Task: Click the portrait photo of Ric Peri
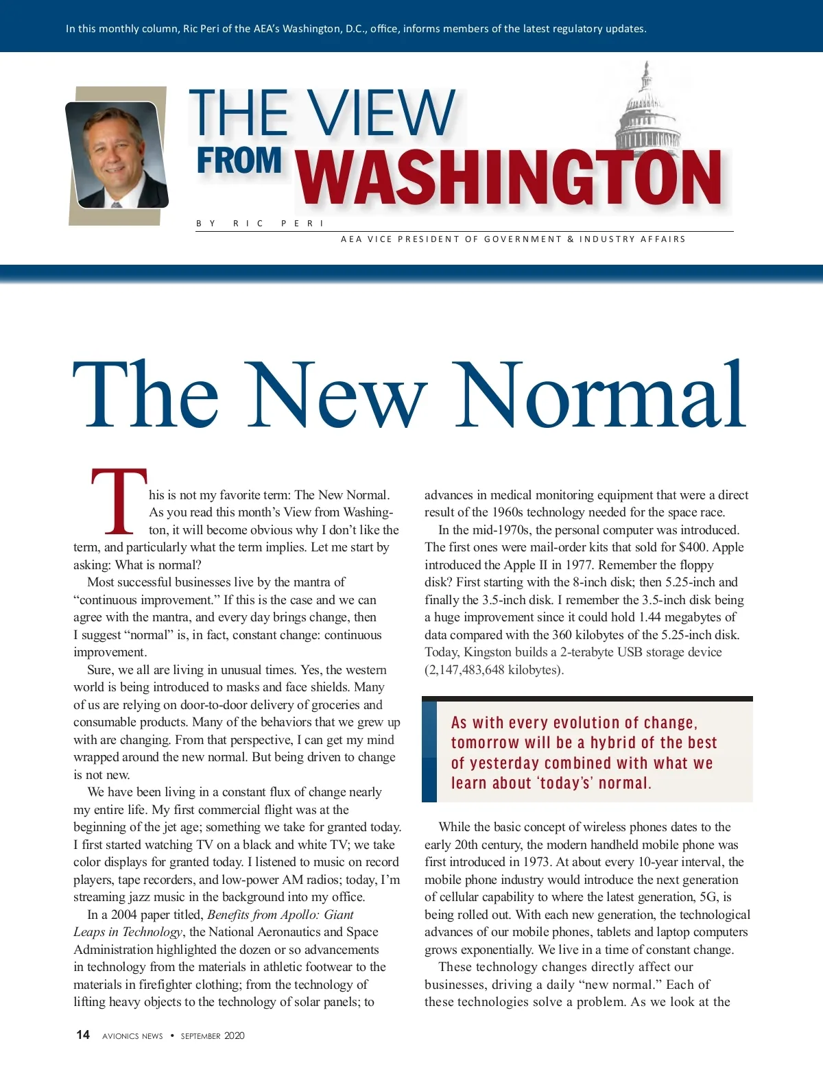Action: [x=117, y=155]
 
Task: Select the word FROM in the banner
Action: [x=239, y=161]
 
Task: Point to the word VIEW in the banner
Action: [x=381, y=113]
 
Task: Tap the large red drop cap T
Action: [x=119, y=501]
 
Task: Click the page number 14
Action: [x=83, y=1035]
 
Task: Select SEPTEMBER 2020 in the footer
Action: [x=213, y=1036]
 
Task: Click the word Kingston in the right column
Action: [x=486, y=652]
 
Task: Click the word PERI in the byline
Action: [x=302, y=224]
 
